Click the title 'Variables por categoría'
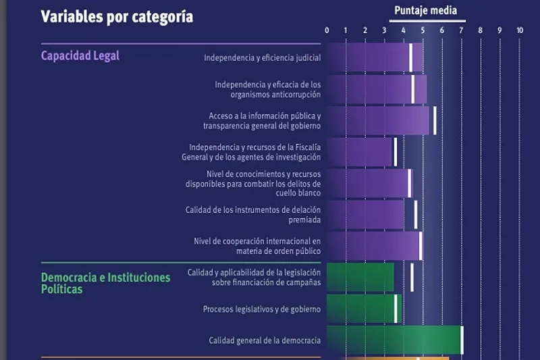[117, 17]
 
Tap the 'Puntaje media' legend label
[425, 10]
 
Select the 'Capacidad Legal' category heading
[80, 55]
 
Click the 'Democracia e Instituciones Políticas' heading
[105, 283]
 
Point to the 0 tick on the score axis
[327, 30]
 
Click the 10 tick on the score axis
[519, 30]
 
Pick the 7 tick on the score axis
[462, 30]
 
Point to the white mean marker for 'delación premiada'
[416, 214]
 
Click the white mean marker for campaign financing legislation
[412, 277]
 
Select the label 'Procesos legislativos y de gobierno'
[262, 309]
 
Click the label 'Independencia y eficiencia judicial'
[263, 58]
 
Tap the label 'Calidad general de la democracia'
[265, 340]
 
